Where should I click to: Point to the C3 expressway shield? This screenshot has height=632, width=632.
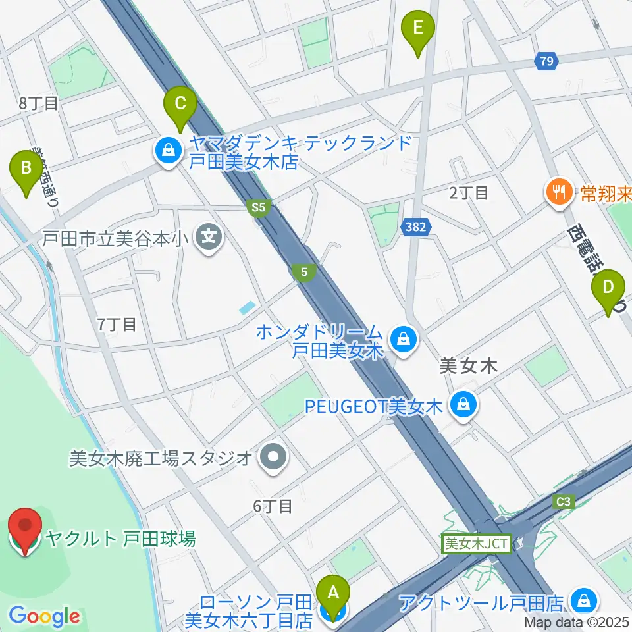click(563, 502)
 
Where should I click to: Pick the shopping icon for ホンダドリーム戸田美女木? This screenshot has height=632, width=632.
click(400, 340)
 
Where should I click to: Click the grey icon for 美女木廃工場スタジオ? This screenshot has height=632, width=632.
click(272, 457)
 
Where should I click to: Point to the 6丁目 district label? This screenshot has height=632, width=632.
click(273, 506)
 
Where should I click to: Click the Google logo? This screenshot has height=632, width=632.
click(44, 616)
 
